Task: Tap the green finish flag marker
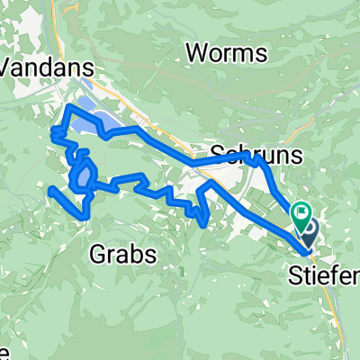click(x=301, y=216)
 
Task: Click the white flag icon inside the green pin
click(x=301, y=215)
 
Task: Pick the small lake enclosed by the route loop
click(x=84, y=175)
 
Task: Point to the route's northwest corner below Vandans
click(x=68, y=107)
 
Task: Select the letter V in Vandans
click(x=10, y=66)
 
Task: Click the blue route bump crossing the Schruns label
click(x=256, y=159)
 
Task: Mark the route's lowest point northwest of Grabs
click(x=84, y=217)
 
